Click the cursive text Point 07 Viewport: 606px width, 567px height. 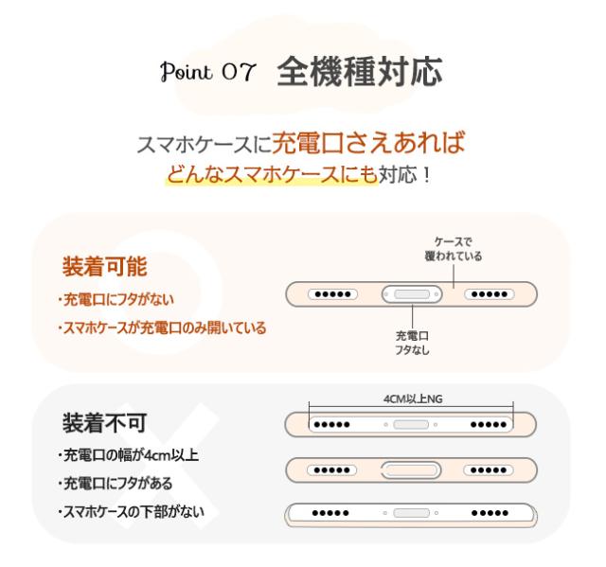coord(208,71)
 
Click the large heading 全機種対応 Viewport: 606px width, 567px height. coord(360,71)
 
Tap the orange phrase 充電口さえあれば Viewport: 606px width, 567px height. coord(368,143)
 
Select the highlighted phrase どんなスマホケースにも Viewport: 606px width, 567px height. coord(272,174)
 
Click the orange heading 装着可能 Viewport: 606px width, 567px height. coord(105,267)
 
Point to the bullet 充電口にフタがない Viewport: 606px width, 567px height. coord(116,299)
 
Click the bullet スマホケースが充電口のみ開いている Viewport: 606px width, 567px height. coord(162,328)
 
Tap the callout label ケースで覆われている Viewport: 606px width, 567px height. coord(453,249)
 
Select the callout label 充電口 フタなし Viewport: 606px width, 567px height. coord(412,343)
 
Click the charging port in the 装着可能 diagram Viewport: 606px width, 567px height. coord(412,294)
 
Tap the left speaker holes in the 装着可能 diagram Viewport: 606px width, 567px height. coord(332,294)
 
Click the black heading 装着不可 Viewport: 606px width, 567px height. coord(105,423)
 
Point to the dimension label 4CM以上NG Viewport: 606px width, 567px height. coord(413,399)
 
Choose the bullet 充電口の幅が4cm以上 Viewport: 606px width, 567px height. coord(128,455)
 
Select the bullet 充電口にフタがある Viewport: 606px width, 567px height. coord(115,483)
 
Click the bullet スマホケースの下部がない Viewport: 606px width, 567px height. coord(131,512)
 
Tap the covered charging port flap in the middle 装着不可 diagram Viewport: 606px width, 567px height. coord(411,470)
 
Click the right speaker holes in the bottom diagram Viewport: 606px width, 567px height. coord(490,513)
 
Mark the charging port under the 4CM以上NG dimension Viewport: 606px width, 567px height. coord(411,424)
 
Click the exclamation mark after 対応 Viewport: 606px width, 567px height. coord(427,175)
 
